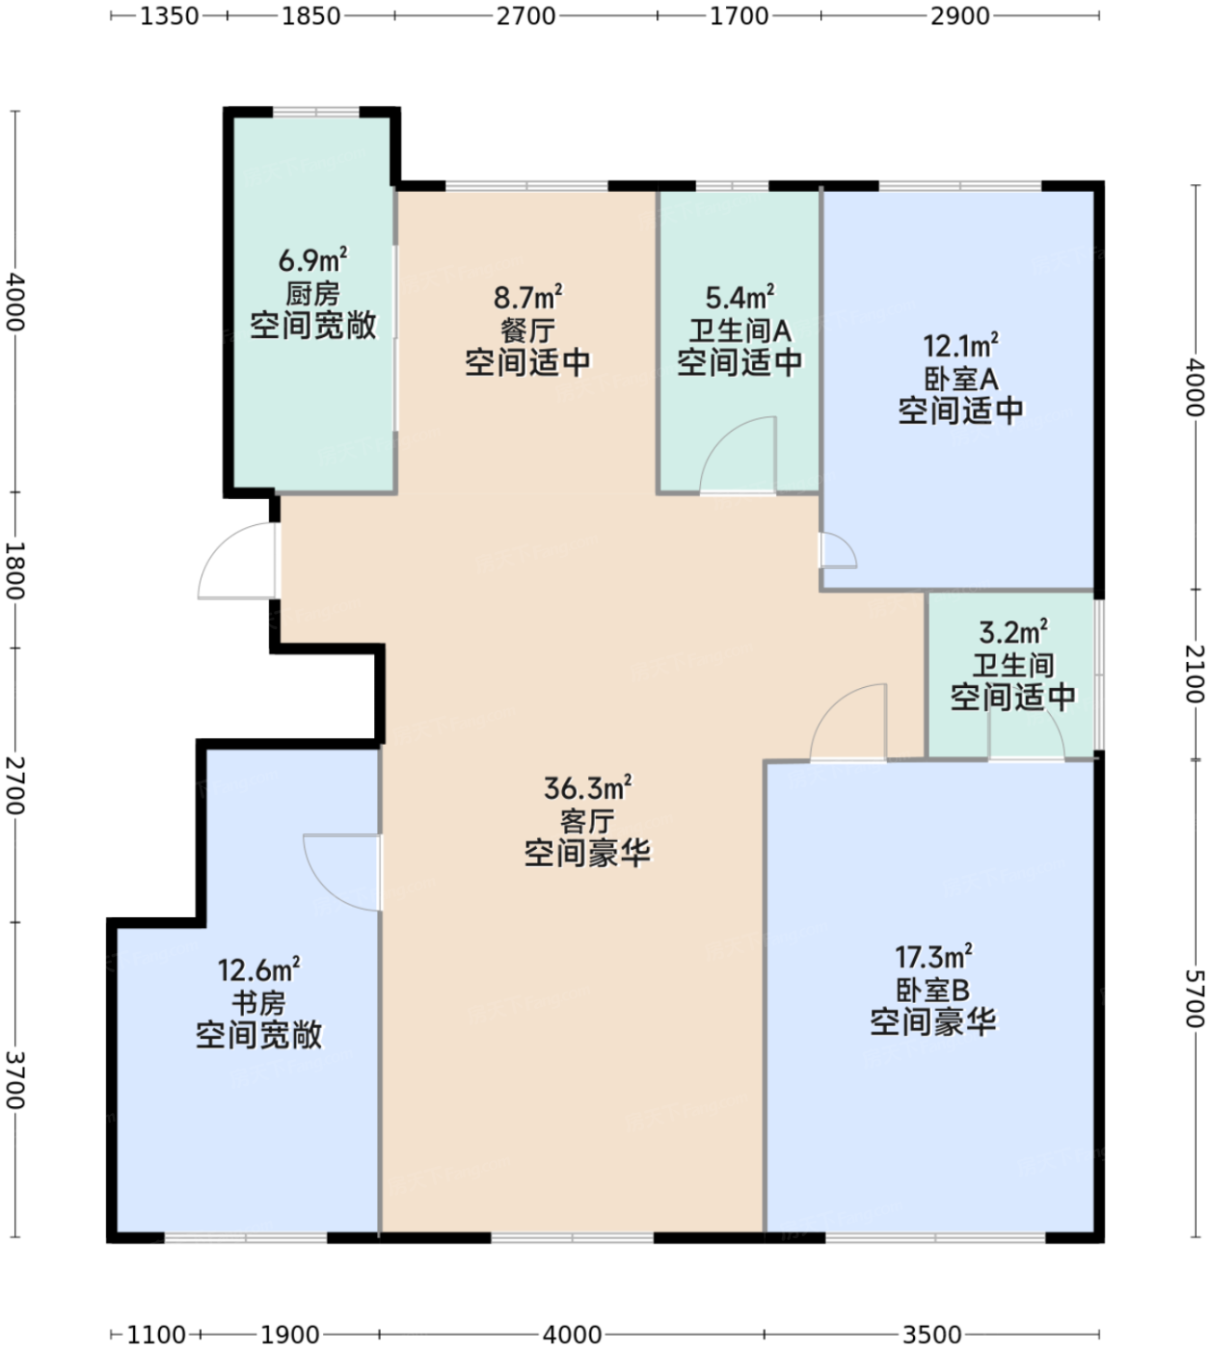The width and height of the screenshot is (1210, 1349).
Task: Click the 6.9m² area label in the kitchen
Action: pos(312,259)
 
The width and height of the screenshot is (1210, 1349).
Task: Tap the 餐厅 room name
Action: pos(527,331)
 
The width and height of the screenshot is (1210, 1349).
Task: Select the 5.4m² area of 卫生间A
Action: pos(739,297)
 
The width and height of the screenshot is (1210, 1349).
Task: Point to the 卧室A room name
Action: pos(960,379)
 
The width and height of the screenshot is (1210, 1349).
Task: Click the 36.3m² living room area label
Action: pos(587,787)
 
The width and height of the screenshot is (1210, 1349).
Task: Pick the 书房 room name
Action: pos(258,1002)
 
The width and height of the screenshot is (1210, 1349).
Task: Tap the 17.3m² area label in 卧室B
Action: pos(933,958)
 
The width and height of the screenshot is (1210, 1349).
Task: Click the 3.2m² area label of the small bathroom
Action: pos(1012,632)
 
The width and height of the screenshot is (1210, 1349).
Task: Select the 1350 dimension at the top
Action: pos(170,15)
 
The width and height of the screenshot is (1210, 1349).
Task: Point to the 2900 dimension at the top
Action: pos(960,15)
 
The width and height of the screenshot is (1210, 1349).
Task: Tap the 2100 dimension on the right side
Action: pos(1195,674)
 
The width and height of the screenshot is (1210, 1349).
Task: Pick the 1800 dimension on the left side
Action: pos(14,570)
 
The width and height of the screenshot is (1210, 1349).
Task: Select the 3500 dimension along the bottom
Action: pos(931,1335)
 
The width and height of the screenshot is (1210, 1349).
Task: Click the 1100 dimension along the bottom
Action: pos(156,1335)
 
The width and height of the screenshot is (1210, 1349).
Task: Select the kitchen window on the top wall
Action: pos(316,112)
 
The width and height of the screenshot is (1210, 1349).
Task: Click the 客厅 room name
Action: pos(587,821)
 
